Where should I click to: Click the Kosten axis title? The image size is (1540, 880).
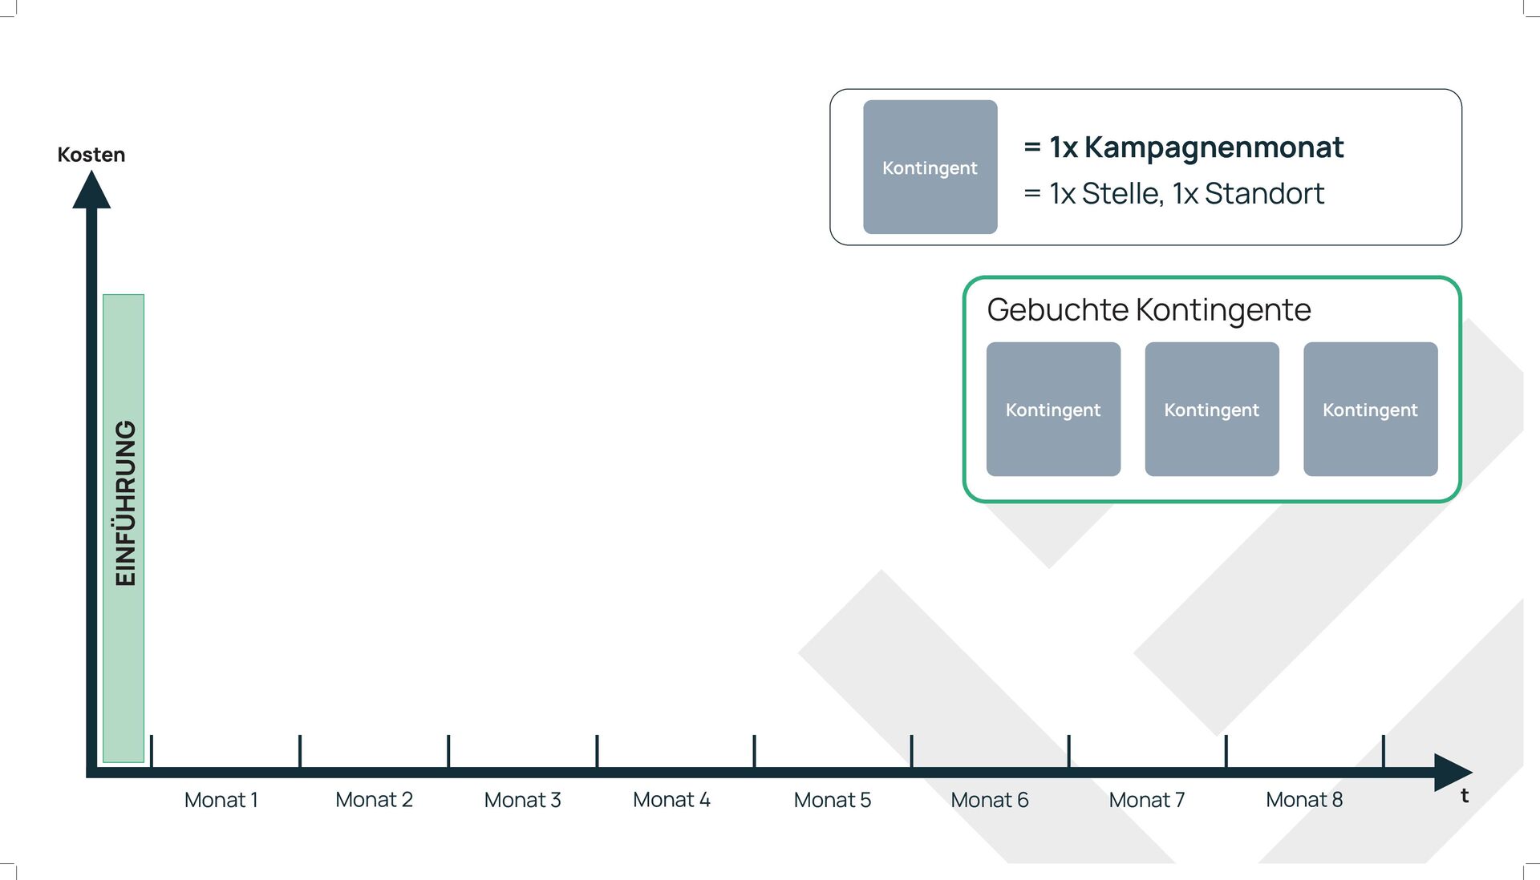click(x=91, y=155)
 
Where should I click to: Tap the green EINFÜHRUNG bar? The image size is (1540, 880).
click(x=124, y=527)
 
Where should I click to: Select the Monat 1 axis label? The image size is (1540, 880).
click(x=221, y=800)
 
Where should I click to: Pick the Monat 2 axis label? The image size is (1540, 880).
click(x=374, y=800)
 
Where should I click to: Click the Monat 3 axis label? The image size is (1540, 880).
click(x=522, y=800)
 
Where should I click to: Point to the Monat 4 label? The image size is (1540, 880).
click(x=671, y=800)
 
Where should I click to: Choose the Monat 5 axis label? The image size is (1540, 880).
click(x=832, y=800)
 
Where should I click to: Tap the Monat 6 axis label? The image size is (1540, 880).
click(x=989, y=800)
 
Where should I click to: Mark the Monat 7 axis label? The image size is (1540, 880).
click(x=1146, y=800)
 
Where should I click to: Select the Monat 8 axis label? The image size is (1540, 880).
click(x=1303, y=800)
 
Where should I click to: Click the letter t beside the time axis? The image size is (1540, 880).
click(x=1465, y=796)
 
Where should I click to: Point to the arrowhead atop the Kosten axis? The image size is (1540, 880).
click(x=91, y=192)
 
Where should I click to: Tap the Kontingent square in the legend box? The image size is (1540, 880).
click(x=930, y=167)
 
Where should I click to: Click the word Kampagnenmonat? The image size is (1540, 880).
click(x=1214, y=147)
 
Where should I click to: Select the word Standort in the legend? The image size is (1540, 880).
click(x=1264, y=194)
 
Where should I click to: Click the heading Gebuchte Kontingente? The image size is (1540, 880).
click(x=1149, y=310)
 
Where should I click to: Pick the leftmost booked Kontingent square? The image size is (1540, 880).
click(x=1053, y=409)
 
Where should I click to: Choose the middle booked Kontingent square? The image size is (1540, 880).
click(x=1211, y=409)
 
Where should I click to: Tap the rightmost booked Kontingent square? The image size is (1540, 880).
click(x=1370, y=409)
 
